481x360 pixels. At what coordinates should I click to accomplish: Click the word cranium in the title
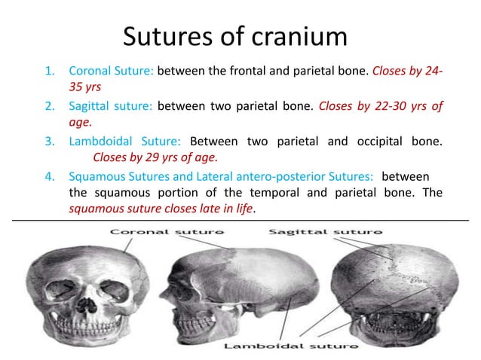[x=299, y=35]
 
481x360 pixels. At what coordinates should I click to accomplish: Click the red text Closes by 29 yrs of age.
[x=155, y=157]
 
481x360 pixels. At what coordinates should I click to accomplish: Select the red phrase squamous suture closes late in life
[x=161, y=210]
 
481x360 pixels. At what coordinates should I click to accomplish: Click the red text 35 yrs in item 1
[x=84, y=87]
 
